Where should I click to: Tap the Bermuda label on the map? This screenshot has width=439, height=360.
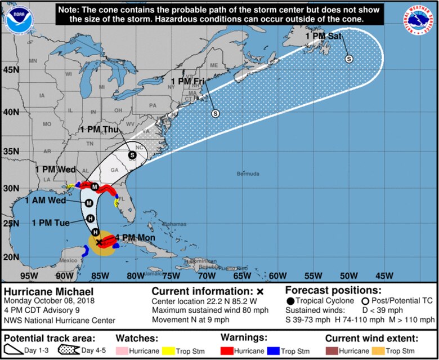[x=248, y=174]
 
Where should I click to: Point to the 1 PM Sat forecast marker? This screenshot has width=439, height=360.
[x=349, y=59]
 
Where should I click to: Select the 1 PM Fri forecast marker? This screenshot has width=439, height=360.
[x=214, y=114]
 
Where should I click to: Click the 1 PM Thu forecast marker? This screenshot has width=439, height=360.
[x=132, y=155]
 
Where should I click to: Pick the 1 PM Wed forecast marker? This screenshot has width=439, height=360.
[x=95, y=186]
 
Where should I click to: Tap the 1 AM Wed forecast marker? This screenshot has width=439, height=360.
[x=89, y=203]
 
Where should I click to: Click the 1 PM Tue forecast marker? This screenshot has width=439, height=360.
[x=90, y=219]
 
